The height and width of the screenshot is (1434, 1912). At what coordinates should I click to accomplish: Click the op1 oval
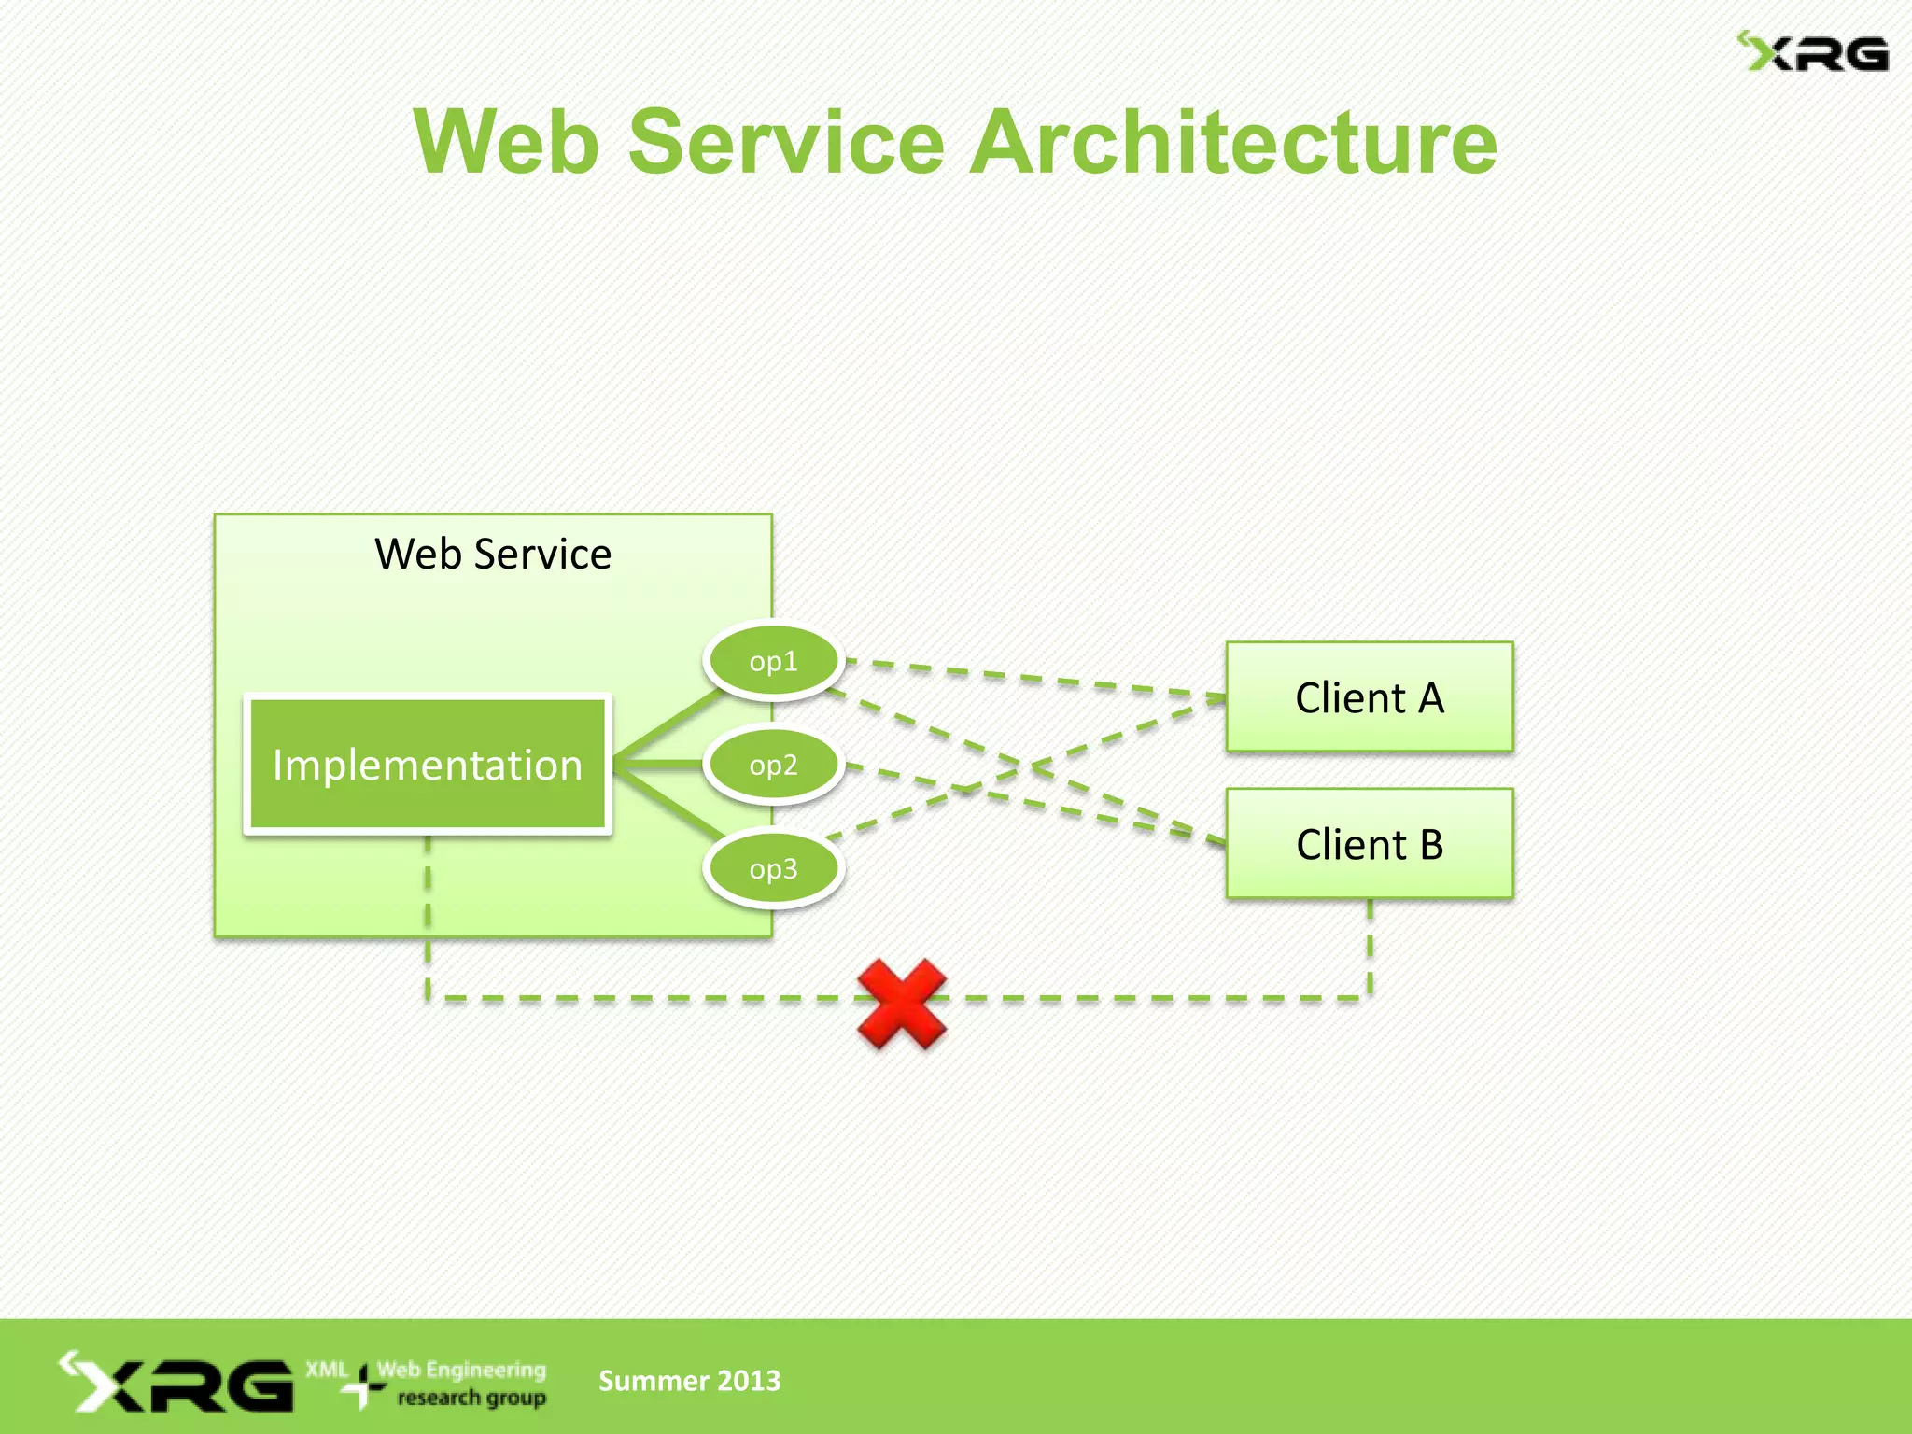[773, 661]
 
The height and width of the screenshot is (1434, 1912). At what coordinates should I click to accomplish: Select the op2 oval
[773, 766]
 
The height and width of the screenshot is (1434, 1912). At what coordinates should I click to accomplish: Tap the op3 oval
[773, 869]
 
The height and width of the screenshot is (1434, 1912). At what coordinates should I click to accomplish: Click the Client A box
[1369, 697]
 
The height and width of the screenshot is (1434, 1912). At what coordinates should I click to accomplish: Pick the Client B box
[1369, 844]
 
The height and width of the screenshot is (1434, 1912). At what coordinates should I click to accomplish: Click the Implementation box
[428, 765]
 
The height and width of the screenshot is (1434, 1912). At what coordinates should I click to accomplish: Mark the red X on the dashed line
[902, 1004]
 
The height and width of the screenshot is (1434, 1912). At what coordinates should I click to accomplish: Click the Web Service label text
[493, 554]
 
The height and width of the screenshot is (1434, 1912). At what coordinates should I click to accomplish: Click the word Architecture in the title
[1232, 142]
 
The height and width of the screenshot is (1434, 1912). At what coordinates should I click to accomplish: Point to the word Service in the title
[786, 142]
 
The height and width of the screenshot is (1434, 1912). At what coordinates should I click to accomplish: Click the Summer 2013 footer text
[689, 1381]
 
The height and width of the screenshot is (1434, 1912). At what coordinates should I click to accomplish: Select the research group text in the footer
[471, 1399]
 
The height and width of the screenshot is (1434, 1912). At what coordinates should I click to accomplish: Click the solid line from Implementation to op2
[658, 765]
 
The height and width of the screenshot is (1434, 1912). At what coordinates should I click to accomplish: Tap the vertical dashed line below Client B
[1370, 948]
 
